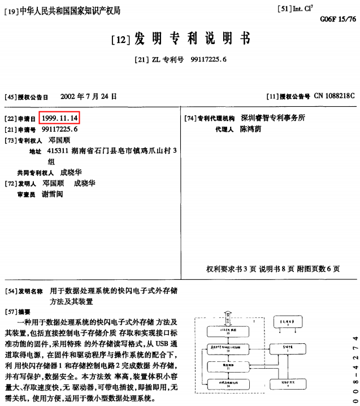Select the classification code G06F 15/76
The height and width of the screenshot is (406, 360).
(x=338, y=19)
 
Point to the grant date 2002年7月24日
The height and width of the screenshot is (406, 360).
(x=88, y=96)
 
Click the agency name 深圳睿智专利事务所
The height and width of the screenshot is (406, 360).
(x=273, y=118)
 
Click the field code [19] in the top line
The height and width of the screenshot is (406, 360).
(x=11, y=11)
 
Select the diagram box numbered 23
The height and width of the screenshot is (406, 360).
(x=228, y=332)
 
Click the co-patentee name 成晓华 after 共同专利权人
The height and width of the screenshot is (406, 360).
(x=72, y=172)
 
